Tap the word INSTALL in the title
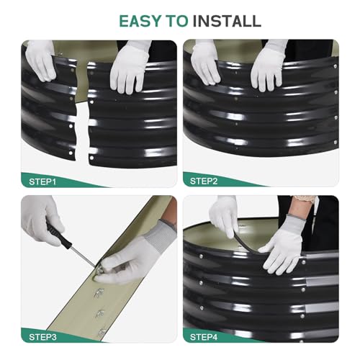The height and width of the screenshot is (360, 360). point(227,21)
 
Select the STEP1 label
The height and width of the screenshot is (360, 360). point(42,181)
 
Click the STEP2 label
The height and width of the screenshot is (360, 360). point(204,181)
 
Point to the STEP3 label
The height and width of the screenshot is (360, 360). point(42,337)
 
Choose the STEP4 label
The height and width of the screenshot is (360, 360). point(204,337)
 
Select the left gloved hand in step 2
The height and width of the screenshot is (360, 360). point(205,62)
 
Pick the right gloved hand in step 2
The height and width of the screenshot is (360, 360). point(268,66)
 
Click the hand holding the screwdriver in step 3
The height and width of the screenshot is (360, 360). point(41,221)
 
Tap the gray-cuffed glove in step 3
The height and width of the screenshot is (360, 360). point(135,254)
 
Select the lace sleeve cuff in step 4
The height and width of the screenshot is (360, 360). point(305,199)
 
